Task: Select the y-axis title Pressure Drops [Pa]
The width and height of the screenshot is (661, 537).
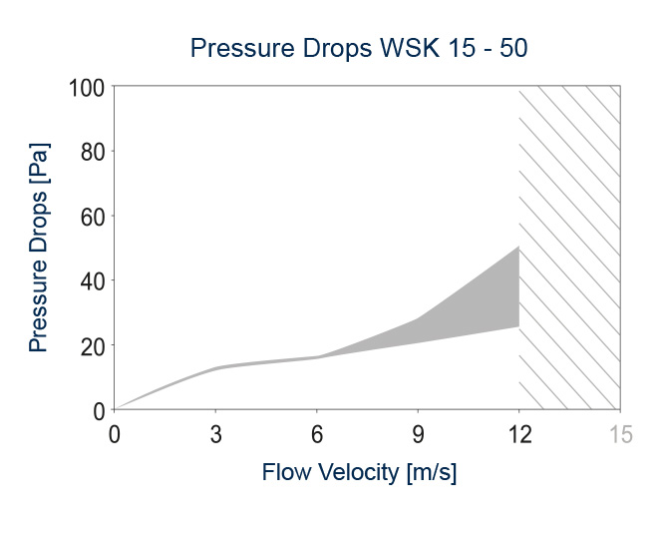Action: tap(39, 248)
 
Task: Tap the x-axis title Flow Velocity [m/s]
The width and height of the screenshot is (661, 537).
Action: tap(359, 472)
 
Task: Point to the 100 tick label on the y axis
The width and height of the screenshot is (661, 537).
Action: tap(86, 87)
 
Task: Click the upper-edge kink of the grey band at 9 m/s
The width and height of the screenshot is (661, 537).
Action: tap(419, 318)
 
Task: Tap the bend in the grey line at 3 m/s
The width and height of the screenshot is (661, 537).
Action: tap(217, 367)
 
